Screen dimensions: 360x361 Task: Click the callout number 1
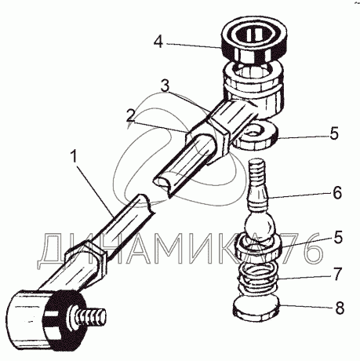[74, 157]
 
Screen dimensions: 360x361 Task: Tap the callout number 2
[131, 115]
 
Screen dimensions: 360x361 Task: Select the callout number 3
[165, 86]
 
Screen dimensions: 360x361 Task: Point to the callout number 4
[158, 42]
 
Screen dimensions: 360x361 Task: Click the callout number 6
[336, 193]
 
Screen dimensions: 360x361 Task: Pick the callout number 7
[336, 274]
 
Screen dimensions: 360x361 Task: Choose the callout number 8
[339, 308]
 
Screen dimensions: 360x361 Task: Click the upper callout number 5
[334, 133]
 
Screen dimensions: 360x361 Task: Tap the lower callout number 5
[337, 237]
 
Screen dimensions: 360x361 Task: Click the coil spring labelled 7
[259, 280]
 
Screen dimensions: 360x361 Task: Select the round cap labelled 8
[256, 306]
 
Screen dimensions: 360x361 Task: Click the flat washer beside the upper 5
[256, 137]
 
